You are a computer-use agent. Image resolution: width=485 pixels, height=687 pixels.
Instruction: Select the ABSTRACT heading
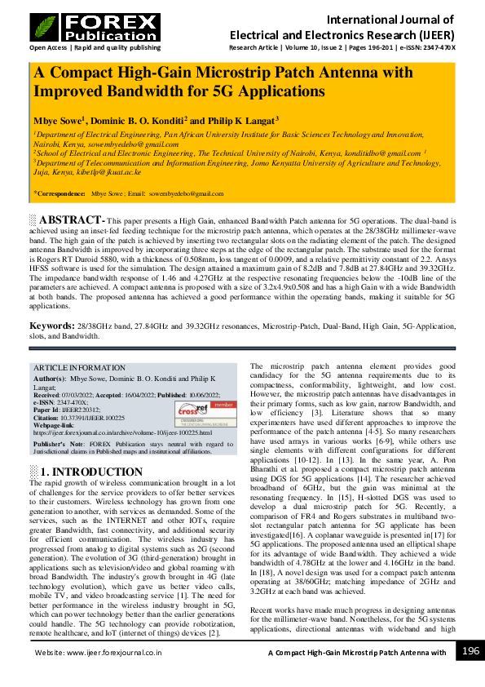tap(72, 220)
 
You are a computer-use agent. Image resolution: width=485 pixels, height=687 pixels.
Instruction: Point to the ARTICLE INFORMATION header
tap(80, 368)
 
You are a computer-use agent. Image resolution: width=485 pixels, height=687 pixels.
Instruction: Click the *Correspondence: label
tap(60, 194)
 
